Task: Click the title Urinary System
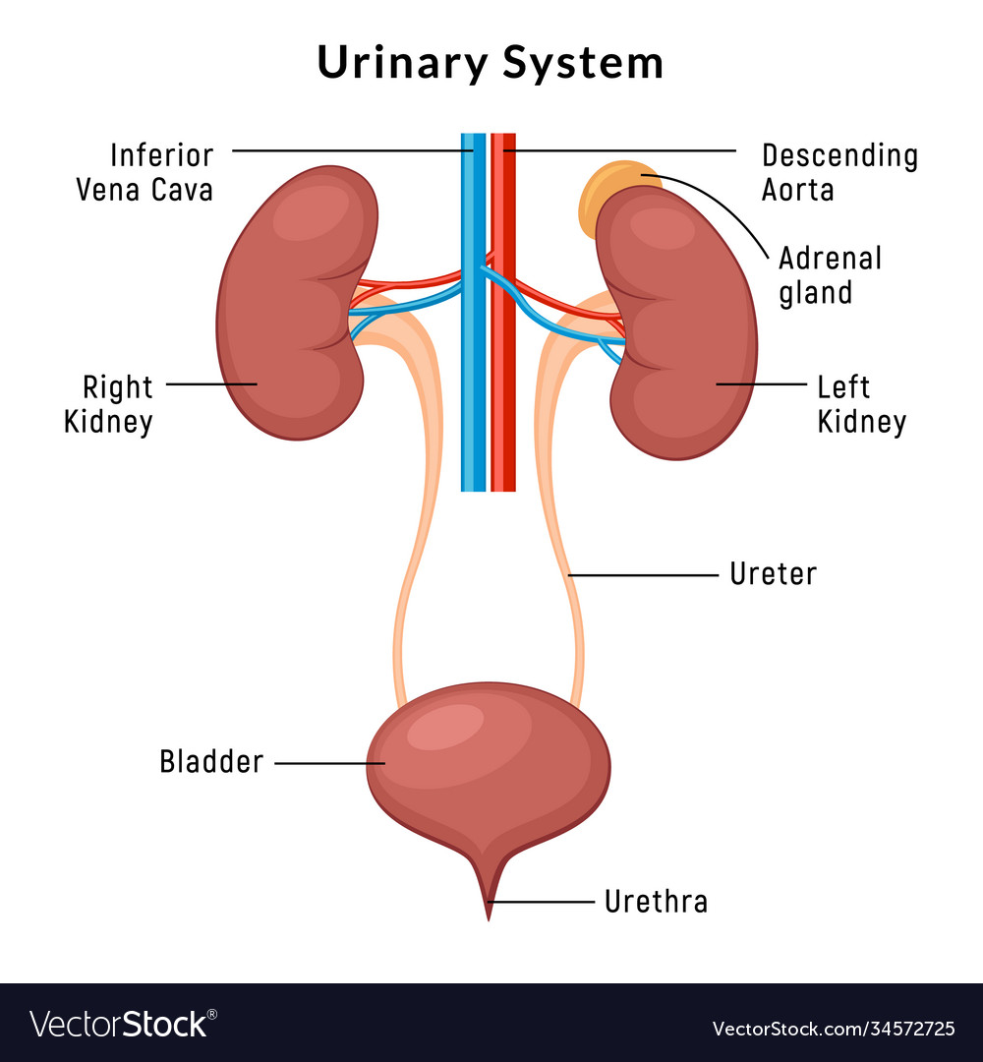491,63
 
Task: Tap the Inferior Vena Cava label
145,172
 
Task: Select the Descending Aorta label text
839,172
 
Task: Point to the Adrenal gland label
830,275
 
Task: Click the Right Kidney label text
109,404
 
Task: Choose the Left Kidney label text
861,404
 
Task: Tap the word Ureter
773,574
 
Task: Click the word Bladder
211,762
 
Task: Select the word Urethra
656,902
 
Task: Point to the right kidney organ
290,305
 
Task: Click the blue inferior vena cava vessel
473,413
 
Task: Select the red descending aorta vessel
503,413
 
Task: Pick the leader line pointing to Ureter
644,574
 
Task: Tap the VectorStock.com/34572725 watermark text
833,1030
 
